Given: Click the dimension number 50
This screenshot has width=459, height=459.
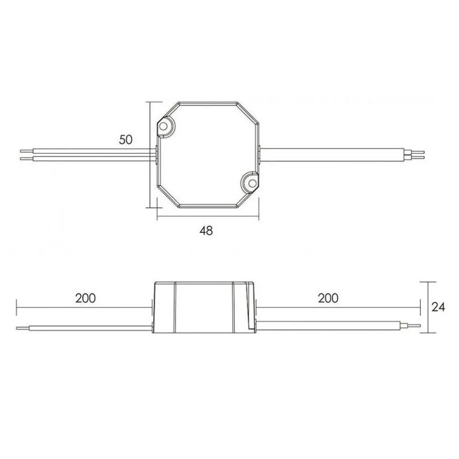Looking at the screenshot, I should (x=126, y=140).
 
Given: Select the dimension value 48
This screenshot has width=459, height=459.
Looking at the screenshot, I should (x=206, y=230).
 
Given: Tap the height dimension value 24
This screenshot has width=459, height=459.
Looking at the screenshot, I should (x=438, y=307).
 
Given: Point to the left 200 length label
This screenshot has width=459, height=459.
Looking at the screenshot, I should (x=85, y=298).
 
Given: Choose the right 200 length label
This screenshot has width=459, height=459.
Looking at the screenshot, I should (x=328, y=298).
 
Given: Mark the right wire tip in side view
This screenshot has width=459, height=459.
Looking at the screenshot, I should (x=414, y=325).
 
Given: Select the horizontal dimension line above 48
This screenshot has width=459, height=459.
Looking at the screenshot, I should (x=208, y=217).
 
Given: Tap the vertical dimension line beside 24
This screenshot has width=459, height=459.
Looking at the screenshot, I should (x=426, y=307).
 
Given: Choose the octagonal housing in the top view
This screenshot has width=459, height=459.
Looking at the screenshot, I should (x=208, y=155).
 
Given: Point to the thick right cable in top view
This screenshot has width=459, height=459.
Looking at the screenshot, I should (x=332, y=155).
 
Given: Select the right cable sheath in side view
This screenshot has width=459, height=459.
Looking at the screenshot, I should (x=327, y=325).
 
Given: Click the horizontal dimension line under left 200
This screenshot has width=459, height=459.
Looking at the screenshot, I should (x=84, y=308).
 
